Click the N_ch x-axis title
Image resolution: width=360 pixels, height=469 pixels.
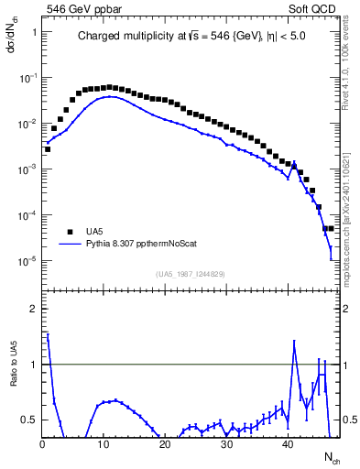(x=331, y=455)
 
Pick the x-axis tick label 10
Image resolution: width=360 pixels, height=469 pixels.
(x=104, y=444)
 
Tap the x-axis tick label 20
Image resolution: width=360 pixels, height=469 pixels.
(x=165, y=444)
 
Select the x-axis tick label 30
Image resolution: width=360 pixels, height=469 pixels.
(x=226, y=444)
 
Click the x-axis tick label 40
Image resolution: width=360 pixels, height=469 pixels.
(x=288, y=444)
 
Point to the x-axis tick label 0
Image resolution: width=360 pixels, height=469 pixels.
(x=42, y=444)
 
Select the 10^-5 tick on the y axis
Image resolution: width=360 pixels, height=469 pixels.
(x=30, y=261)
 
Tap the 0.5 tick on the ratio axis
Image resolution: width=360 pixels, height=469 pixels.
(x=29, y=420)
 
